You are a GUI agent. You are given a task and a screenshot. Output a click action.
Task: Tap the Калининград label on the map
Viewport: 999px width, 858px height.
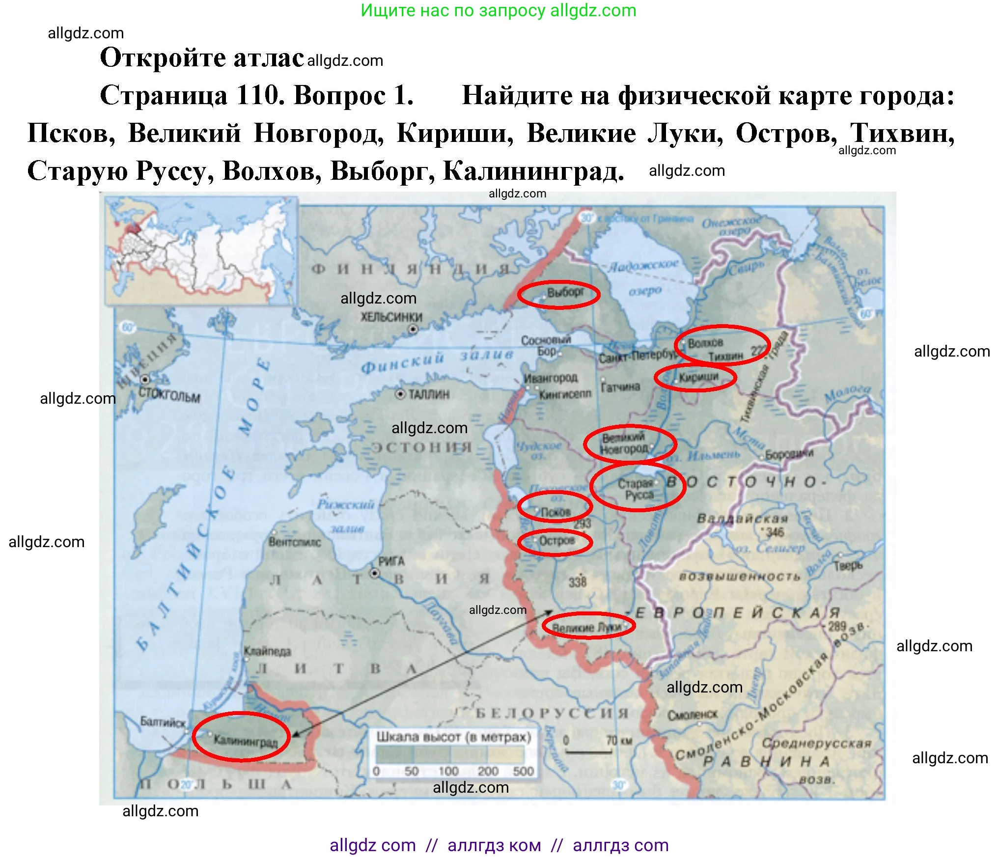(x=246, y=740)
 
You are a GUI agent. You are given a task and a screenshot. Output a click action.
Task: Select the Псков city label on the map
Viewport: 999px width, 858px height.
(x=555, y=512)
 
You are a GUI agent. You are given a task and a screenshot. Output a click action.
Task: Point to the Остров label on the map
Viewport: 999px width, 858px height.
(x=556, y=541)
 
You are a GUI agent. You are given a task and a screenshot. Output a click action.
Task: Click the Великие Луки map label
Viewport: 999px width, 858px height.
(x=586, y=627)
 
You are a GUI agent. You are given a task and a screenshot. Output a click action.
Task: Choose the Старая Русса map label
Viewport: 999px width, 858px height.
(x=637, y=489)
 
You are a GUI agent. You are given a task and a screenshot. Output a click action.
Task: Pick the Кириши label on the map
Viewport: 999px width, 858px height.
(x=698, y=377)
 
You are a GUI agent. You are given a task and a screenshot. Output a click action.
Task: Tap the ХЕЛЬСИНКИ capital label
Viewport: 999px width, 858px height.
(x=391, y=317)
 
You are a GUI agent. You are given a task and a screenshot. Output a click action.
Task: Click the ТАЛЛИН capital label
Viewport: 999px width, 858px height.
(x=429, y=394)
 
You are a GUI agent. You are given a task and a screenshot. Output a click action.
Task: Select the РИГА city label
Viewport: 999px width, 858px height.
(x=391, y=561)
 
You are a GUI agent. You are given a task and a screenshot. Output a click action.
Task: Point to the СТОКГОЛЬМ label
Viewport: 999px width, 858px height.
(x=169, y=395)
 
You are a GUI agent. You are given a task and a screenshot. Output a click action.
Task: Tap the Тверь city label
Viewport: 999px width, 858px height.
(x=847, y=566)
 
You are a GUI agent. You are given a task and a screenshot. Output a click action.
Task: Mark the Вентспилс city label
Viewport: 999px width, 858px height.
(x=295, y=542)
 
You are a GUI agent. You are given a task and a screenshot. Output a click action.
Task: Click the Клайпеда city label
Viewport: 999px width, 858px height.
(x=268, y=652)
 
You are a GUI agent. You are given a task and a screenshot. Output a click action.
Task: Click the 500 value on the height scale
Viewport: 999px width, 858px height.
(x=523, y=771)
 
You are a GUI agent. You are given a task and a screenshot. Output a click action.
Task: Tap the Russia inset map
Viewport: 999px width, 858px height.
(x=201, y=250)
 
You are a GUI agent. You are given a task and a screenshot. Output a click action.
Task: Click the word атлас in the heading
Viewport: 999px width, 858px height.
(x=268, y=58)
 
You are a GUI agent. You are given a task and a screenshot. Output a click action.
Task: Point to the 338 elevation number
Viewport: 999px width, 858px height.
(x=578, y=582)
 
